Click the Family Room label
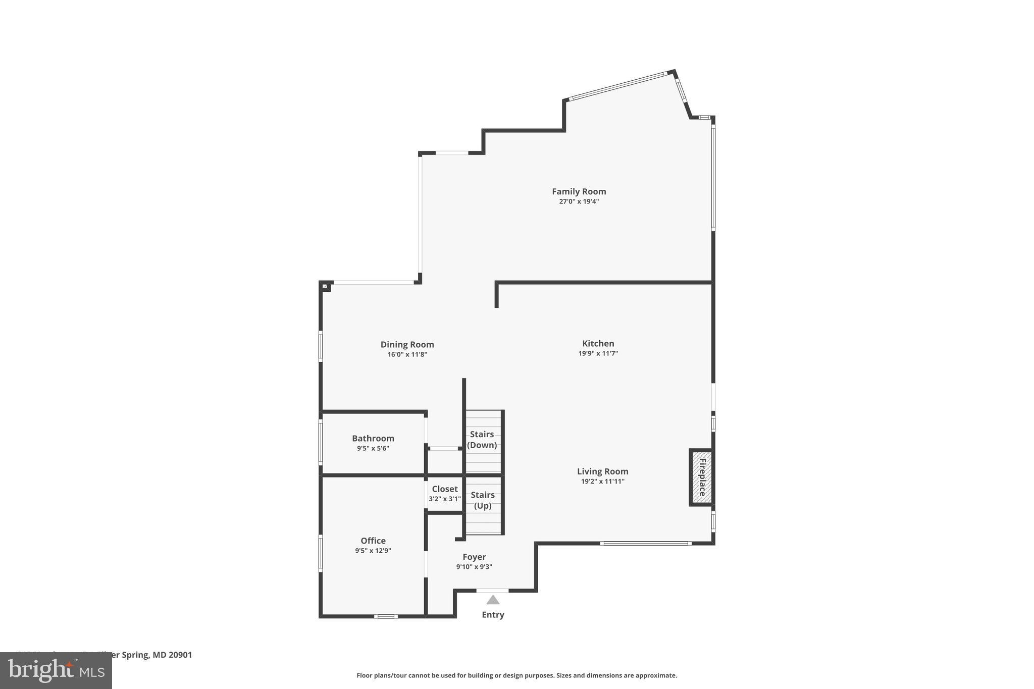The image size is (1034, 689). tap(579, 191)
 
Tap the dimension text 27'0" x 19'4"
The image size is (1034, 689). tap(579, 201)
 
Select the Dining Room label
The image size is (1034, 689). tap(407, 344)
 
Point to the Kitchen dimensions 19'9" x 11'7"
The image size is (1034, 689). tap(598, 353)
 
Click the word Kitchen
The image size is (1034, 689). tap(598, 343)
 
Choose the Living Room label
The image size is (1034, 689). tap(602, 471)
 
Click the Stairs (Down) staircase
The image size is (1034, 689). tap(483, 440)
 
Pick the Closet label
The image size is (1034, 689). tap(444, 489)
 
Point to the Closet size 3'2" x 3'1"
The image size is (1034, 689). tap(444, 499)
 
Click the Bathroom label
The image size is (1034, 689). tap(373, 438)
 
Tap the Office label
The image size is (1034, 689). tap(373, 541)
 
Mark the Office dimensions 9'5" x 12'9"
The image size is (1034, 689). tap(373, 551)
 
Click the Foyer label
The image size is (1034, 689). tap(474, 557)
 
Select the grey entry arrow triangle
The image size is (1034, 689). tap(493, 600)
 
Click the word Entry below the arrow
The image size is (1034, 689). tap(493, 614)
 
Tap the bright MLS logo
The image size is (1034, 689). tap(56, 671)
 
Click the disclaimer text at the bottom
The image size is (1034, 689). tap(516, 675)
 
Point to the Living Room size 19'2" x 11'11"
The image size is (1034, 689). tap(602, 481)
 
